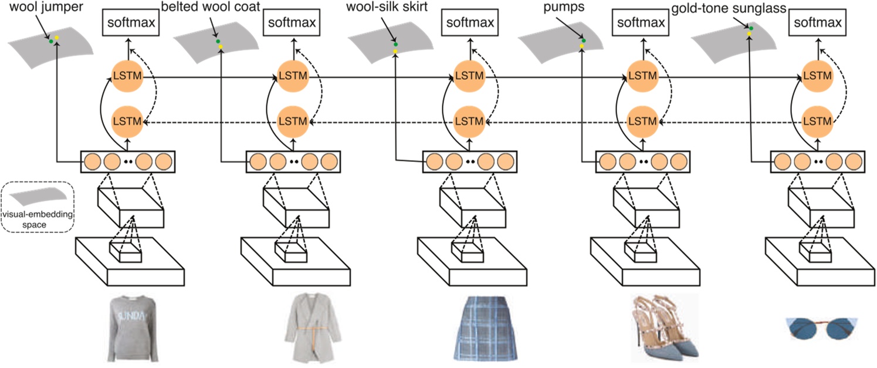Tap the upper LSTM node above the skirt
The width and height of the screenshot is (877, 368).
point(469,76)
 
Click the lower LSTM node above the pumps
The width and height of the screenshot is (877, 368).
point(642,121)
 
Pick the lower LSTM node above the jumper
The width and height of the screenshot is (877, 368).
point(127,121)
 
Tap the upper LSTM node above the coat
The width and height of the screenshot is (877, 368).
point(293,76)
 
